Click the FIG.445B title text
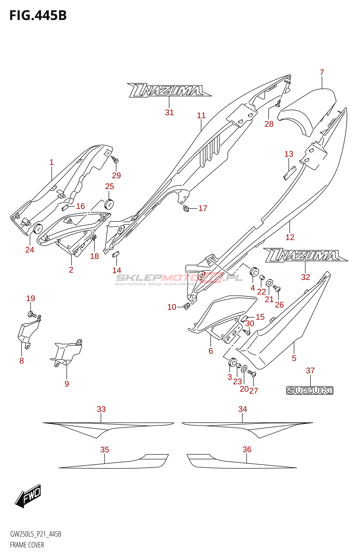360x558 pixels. [38, 15]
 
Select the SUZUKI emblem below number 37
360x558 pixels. [310, 391]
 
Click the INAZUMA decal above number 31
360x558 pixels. [169, 90]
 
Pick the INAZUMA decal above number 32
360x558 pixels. [306, 255]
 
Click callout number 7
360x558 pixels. [322, 72]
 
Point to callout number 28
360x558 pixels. [269, 124]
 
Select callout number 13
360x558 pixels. [289, 154]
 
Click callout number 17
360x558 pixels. [203, 208]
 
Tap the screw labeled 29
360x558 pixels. [115, 160]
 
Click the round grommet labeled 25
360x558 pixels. [110, 204]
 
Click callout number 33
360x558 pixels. [101, 409]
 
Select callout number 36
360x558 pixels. [247, 449]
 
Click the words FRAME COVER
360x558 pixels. [27, 545]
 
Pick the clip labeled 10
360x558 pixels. [186, 307]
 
